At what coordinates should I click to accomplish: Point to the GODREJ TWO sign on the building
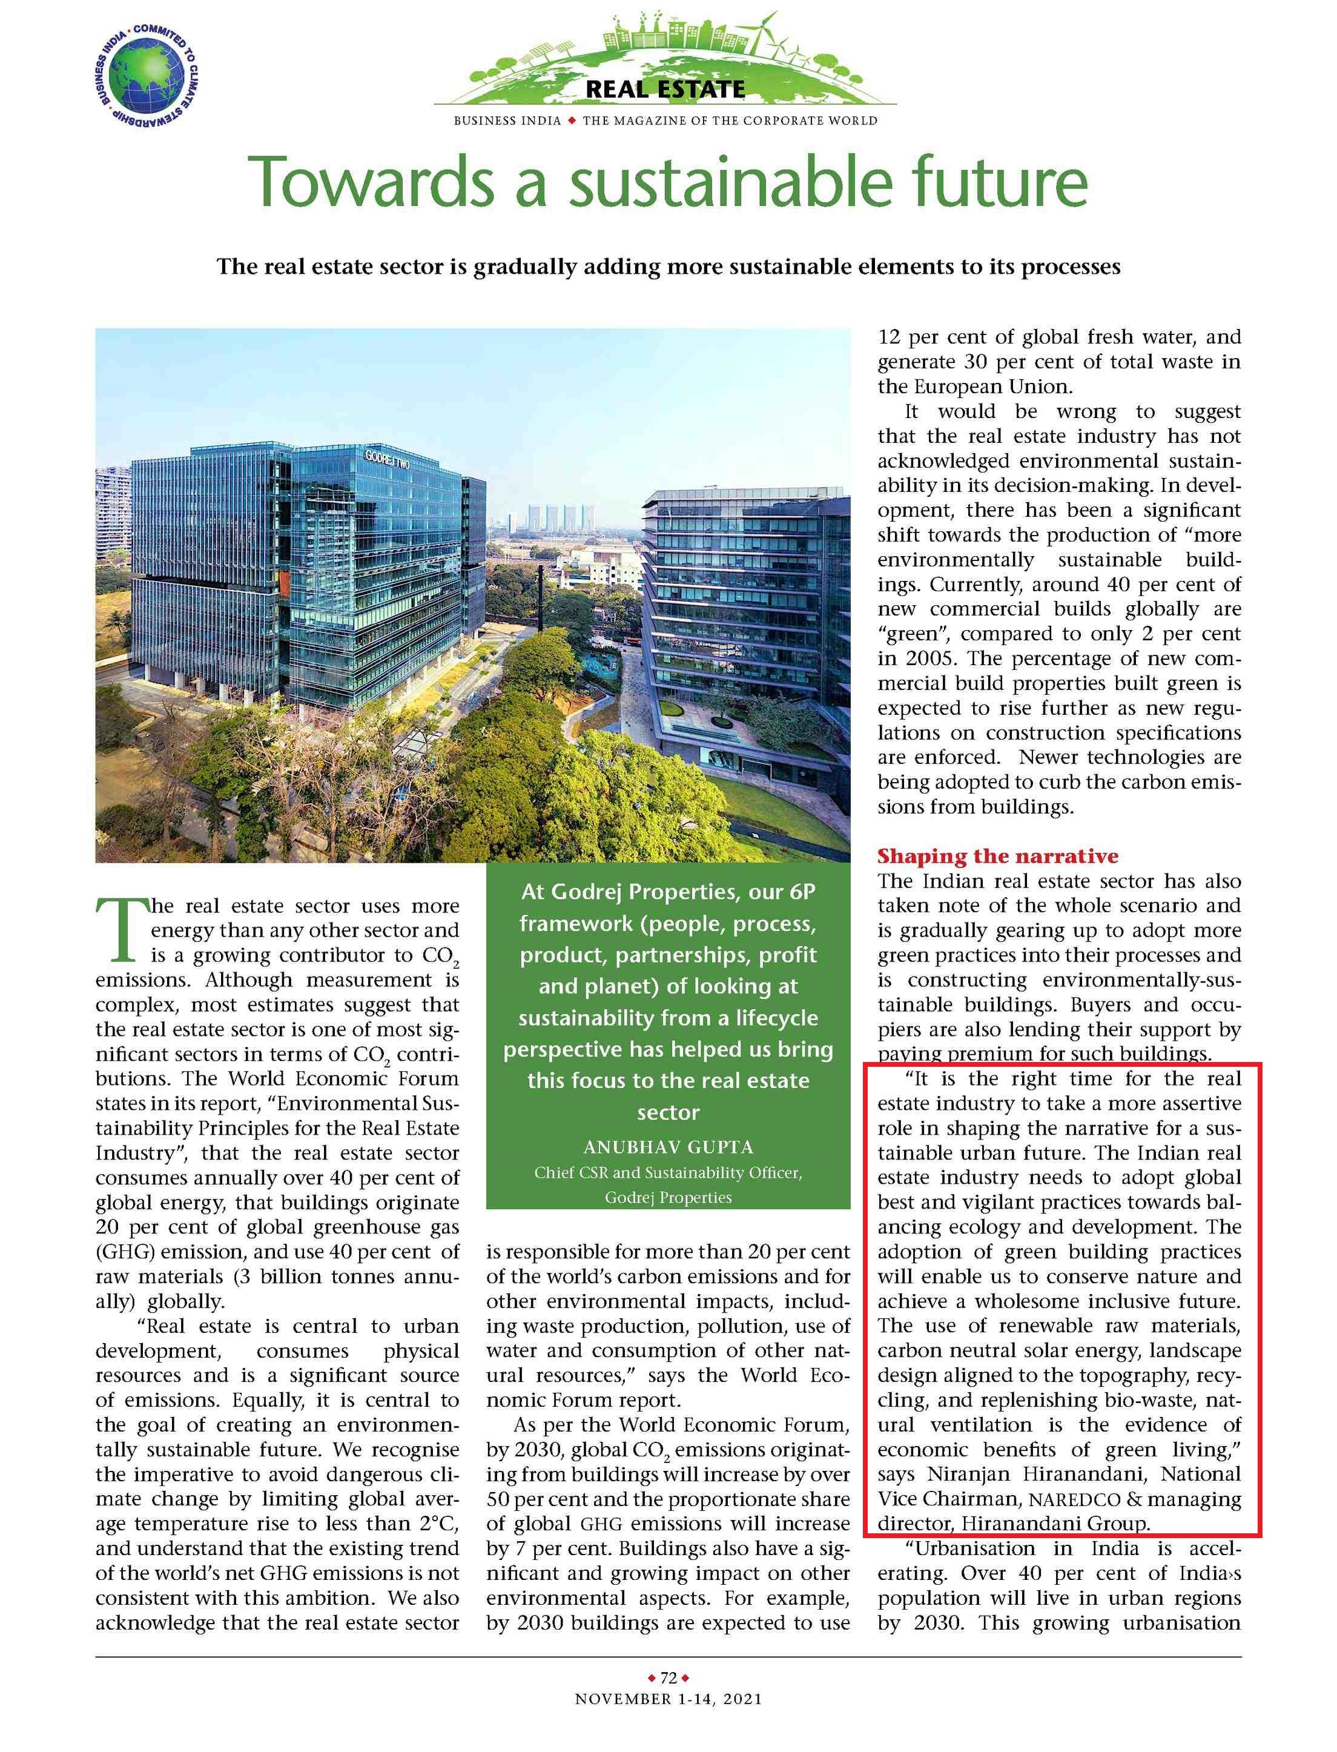pos(388,459)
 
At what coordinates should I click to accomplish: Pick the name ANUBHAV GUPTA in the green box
pos(668,1147)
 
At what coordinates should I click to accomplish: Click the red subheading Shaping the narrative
pos(997,857)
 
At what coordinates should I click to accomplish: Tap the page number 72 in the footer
pos(668,1678)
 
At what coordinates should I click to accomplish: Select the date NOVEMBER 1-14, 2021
pos(668,1699)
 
